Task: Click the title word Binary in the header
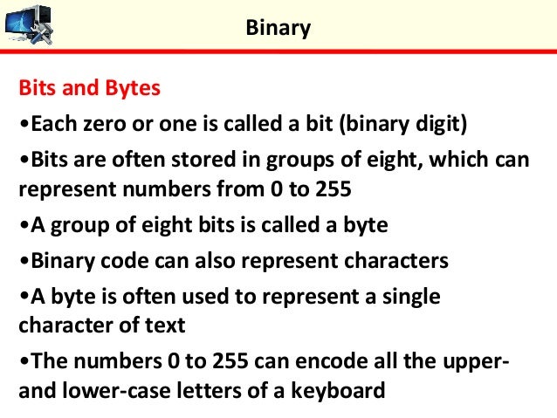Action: pos(278,28)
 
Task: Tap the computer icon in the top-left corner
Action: pos(28,24)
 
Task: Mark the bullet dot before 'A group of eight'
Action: pos(24,225)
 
